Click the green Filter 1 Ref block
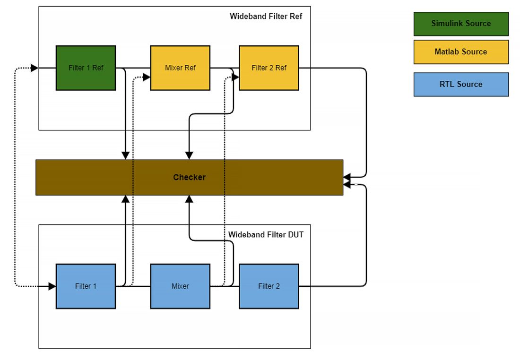(x=86, y=68)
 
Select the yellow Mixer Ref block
(x=180, y=68)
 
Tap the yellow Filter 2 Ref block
(x=269, y=68)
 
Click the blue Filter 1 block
(x=86, y=286)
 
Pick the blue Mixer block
(x=180, y=286)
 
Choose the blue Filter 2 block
(x=269, y=286)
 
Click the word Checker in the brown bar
(x=189, y=177)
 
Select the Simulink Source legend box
(x=461, y=24)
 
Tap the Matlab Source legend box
(x=461, y=52)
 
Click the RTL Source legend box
(x=461, y=84)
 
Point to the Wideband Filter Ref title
(x=266, y=16)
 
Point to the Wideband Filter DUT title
(x=266, y=234)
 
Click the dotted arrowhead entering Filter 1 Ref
(x=35, y=68)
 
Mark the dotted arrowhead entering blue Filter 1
(x=52, y=286)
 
